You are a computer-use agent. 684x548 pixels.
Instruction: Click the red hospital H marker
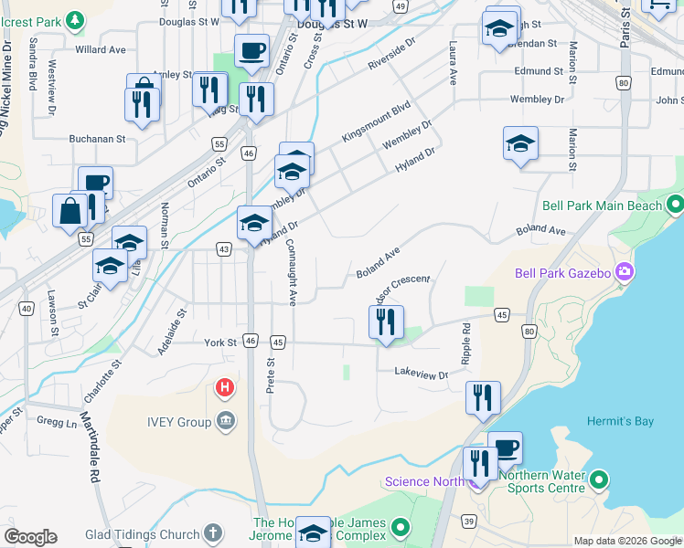click(x=224, y=388)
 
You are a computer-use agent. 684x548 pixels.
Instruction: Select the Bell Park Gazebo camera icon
click(x=625, y=271)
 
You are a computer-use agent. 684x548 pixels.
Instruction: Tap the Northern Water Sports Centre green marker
click(x=600, y=479)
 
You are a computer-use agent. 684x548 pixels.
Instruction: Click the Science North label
click(x=425, y=482)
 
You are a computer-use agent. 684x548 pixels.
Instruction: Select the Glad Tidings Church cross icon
click(x=213, y=532)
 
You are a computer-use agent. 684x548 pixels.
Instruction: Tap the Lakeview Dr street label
click(x=422, y=374)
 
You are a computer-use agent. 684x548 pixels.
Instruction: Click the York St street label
click(x=220, y=342)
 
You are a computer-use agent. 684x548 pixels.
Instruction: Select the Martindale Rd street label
click(x=90, y=448)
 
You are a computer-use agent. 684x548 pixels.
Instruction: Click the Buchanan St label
click(x=97, y=140)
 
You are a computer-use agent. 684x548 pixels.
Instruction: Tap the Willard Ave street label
click(x=101, y=49)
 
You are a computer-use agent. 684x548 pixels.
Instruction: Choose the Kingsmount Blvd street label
click(x=376, y=121)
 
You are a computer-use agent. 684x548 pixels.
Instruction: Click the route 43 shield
click(x=223, y=248)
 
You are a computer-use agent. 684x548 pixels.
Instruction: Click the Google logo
click(x=30, y=537)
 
